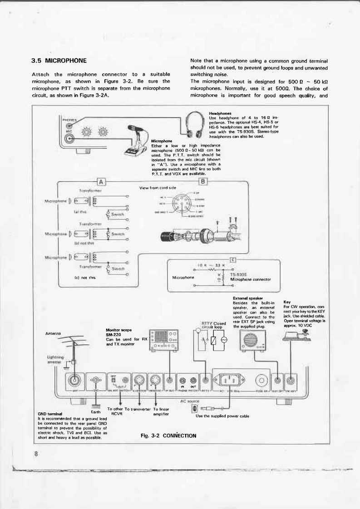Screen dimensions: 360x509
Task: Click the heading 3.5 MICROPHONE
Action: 59,60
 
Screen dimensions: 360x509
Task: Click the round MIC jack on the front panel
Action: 69,139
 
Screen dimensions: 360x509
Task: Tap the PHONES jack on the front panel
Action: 69,127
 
